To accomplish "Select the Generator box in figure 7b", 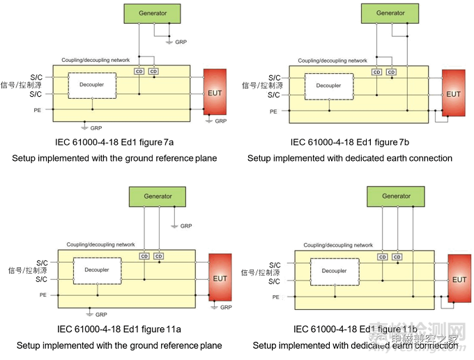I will point(390,13).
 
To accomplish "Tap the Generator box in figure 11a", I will point(158,196).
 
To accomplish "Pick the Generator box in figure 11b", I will point(396,196).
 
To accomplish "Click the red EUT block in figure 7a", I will point(215,92).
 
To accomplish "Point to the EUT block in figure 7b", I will point(453,93).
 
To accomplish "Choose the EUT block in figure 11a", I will point(220,279).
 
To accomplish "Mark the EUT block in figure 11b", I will point(459,279).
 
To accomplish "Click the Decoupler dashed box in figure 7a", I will point(92,86).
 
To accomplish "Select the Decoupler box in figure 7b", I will point(328,86).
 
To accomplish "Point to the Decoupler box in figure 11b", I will point(335,270).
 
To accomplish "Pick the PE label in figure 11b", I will point(275,297).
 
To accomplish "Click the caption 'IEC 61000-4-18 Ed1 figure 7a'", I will point(114,143).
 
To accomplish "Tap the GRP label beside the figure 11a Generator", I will point(186,226).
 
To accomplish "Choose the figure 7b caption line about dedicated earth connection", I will point(350,158).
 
